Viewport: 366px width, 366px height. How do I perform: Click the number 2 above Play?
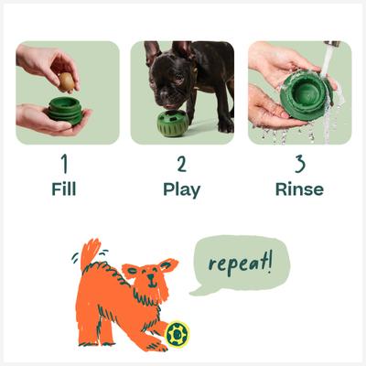point(182,166)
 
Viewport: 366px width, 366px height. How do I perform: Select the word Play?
point(182,191)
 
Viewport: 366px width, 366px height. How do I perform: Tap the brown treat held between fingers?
point(67,81)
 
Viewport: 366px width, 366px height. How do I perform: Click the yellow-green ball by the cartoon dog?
point(177,334)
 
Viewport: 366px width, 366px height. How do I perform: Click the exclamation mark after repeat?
point(268,262)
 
